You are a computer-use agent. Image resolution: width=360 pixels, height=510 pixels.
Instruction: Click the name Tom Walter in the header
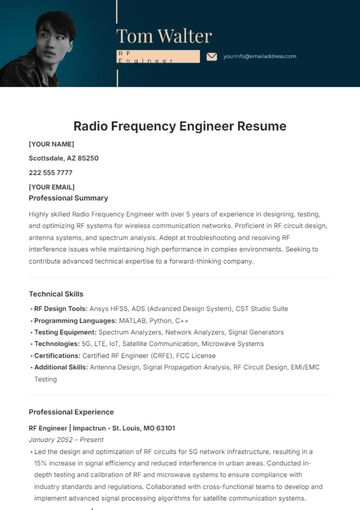coord(164,36)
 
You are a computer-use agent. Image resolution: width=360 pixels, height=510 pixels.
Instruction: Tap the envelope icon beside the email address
coord(211,57)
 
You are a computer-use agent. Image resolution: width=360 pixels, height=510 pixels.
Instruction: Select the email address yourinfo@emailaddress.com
coord(260,57)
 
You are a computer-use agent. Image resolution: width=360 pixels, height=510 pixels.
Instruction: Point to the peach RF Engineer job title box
coord(154,57)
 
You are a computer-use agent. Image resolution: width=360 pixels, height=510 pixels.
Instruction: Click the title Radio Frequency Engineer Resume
coord(180,126)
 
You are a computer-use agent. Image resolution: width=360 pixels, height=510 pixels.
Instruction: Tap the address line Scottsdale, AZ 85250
coord(63,158)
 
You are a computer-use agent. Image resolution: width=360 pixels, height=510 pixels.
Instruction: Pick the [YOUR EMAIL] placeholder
coord(52,186)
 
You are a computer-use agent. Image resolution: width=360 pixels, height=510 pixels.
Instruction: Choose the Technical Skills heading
coord(56,294)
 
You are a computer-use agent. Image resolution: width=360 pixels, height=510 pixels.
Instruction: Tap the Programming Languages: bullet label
coord(75,320)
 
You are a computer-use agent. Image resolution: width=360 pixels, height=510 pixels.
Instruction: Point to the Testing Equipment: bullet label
coord(65,332)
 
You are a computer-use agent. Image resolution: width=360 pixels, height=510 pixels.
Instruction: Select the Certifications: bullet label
coord(59,356)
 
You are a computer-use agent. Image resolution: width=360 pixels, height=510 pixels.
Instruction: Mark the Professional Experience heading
coord(71,412)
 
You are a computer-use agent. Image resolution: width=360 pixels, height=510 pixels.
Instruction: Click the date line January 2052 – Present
coord(67,439)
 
